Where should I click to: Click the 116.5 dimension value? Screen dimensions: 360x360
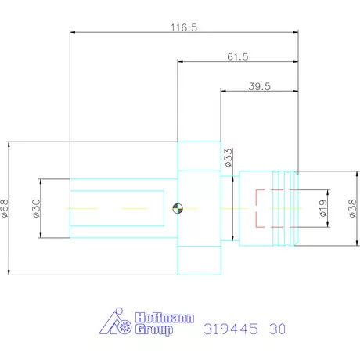coord(184,27)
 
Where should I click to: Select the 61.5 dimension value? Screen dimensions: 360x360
coord(238,57)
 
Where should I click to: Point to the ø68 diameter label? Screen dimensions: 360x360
coord(5,208)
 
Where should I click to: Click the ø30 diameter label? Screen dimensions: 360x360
coord(36,208)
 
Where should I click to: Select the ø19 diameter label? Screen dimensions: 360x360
coord(321,208)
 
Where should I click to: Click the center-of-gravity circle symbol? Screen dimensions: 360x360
coord(178,208)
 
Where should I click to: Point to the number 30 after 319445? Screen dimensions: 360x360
coord(275,328)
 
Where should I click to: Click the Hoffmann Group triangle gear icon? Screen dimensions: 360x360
coord(120,322)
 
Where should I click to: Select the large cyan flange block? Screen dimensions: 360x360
coord(199,208)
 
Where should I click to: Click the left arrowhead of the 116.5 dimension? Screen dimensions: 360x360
coord(73,32)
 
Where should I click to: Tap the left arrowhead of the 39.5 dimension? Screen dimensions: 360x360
coord(224,92)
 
